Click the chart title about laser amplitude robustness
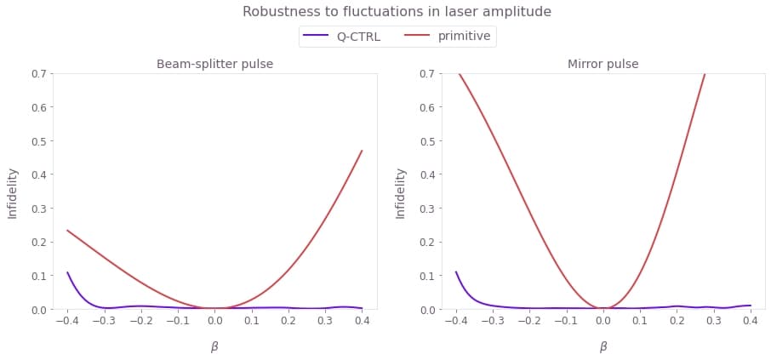click(397, 12)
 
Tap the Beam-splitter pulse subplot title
click(214, 64)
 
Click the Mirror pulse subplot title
click(603, 64)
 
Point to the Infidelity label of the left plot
click(13, 192)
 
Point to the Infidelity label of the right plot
click(401, 192)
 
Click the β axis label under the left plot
click(214, 346)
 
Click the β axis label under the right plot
click(603, 346)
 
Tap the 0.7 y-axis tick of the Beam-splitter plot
click(38, 73)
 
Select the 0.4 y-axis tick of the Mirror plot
click(426, 174)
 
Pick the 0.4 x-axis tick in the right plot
click(750, 323)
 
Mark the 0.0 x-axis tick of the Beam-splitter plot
click(214, 323)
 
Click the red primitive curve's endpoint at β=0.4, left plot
click(362, 151)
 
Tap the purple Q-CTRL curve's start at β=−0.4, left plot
click(67, 273)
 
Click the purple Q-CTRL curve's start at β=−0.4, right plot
click(456, 273)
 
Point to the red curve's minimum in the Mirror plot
click(603, 308)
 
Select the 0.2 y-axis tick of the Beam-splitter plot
click(38, 242)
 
